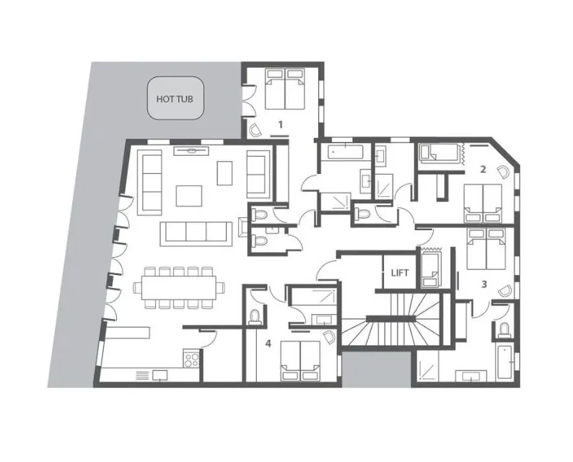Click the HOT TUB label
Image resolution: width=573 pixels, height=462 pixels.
175,99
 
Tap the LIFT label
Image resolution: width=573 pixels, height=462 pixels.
400,273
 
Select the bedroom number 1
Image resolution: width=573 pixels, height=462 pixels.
281,125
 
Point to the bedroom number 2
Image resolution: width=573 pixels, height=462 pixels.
483,169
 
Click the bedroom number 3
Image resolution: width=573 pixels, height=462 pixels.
484,284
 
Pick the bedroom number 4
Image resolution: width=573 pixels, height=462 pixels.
268,344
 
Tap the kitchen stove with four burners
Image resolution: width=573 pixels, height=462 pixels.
191,359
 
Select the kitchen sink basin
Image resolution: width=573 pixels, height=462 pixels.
160,375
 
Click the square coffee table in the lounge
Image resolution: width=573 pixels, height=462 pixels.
189,196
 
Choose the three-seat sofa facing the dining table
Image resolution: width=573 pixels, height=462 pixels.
196,234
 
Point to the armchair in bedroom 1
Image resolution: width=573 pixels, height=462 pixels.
254,130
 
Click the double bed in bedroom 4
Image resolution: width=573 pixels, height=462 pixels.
300,361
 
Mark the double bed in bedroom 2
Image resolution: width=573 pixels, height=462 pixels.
483,204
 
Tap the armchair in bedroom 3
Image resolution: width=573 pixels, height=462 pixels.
505,291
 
